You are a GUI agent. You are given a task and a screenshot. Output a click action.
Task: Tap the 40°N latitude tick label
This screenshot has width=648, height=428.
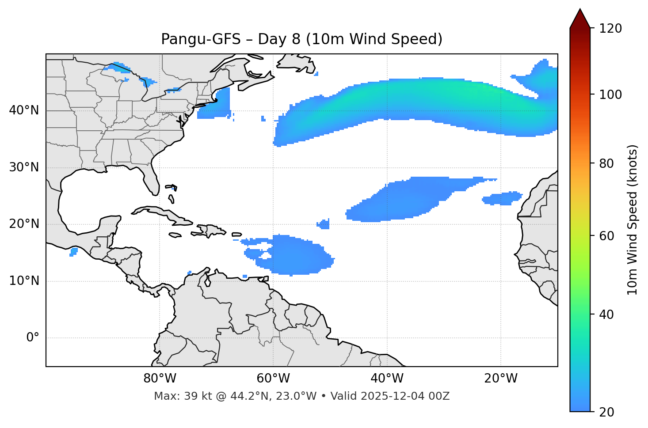tap(24, 110)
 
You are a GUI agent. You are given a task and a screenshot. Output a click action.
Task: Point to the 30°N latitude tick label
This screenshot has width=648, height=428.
tap(24, 167)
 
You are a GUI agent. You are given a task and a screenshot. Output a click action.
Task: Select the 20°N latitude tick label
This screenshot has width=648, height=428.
tap(24, 224)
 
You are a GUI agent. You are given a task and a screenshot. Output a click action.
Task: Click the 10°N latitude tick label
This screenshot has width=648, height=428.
tap(24, 281)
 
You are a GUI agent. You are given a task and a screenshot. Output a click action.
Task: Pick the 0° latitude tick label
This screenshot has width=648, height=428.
tap(33, 338)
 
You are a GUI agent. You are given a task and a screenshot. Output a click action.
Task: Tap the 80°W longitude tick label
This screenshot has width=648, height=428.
tap(160, 379)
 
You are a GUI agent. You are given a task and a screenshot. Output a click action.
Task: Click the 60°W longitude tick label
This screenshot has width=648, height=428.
tap(273, 379)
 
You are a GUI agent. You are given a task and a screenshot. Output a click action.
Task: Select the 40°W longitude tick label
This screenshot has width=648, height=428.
tap(387, 379)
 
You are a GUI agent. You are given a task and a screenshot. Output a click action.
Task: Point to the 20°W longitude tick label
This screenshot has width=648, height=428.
tap(500, 379)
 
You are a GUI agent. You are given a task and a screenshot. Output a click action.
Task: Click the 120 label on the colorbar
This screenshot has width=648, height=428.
tap(610, 29)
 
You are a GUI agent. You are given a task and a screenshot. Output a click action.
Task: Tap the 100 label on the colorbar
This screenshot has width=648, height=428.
tap(610, 95)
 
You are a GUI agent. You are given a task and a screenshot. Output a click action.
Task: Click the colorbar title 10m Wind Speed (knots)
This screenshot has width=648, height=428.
tap(633, 220)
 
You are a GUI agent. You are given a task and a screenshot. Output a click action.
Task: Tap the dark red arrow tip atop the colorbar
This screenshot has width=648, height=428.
tap(579, 18)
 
